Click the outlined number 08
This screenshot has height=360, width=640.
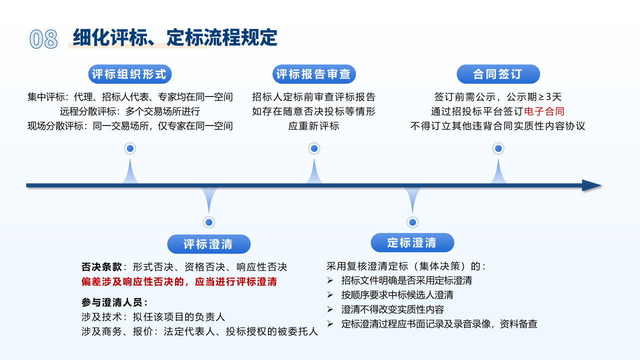pos(43,39)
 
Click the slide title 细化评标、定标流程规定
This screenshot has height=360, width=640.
pos(175,38)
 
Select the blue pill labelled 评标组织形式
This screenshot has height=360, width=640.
pos(130,74)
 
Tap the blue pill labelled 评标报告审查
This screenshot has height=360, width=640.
pos(314,74)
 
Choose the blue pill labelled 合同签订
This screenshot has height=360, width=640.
pos(498,74)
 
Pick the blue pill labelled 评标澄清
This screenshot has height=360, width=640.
pos(208,244)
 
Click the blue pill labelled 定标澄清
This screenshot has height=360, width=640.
pos(412,243)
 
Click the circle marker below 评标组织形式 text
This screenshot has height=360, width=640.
pos(130,148)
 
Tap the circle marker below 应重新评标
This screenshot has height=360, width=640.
pos(314,148)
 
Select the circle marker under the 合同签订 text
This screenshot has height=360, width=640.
pos(498,148)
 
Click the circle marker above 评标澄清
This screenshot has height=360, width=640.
pos(209,222)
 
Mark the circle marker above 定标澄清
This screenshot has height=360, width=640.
pos(412,222)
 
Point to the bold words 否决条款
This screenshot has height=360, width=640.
pos(101,267)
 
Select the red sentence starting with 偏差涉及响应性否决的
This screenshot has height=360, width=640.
pos(179,281)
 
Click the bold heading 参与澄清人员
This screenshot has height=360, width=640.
pos(114,302)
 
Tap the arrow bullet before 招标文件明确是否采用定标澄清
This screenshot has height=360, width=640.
pos(330,280)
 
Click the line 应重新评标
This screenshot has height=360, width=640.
pos(313,125)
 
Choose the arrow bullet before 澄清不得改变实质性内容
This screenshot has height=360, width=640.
pos(330,309)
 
